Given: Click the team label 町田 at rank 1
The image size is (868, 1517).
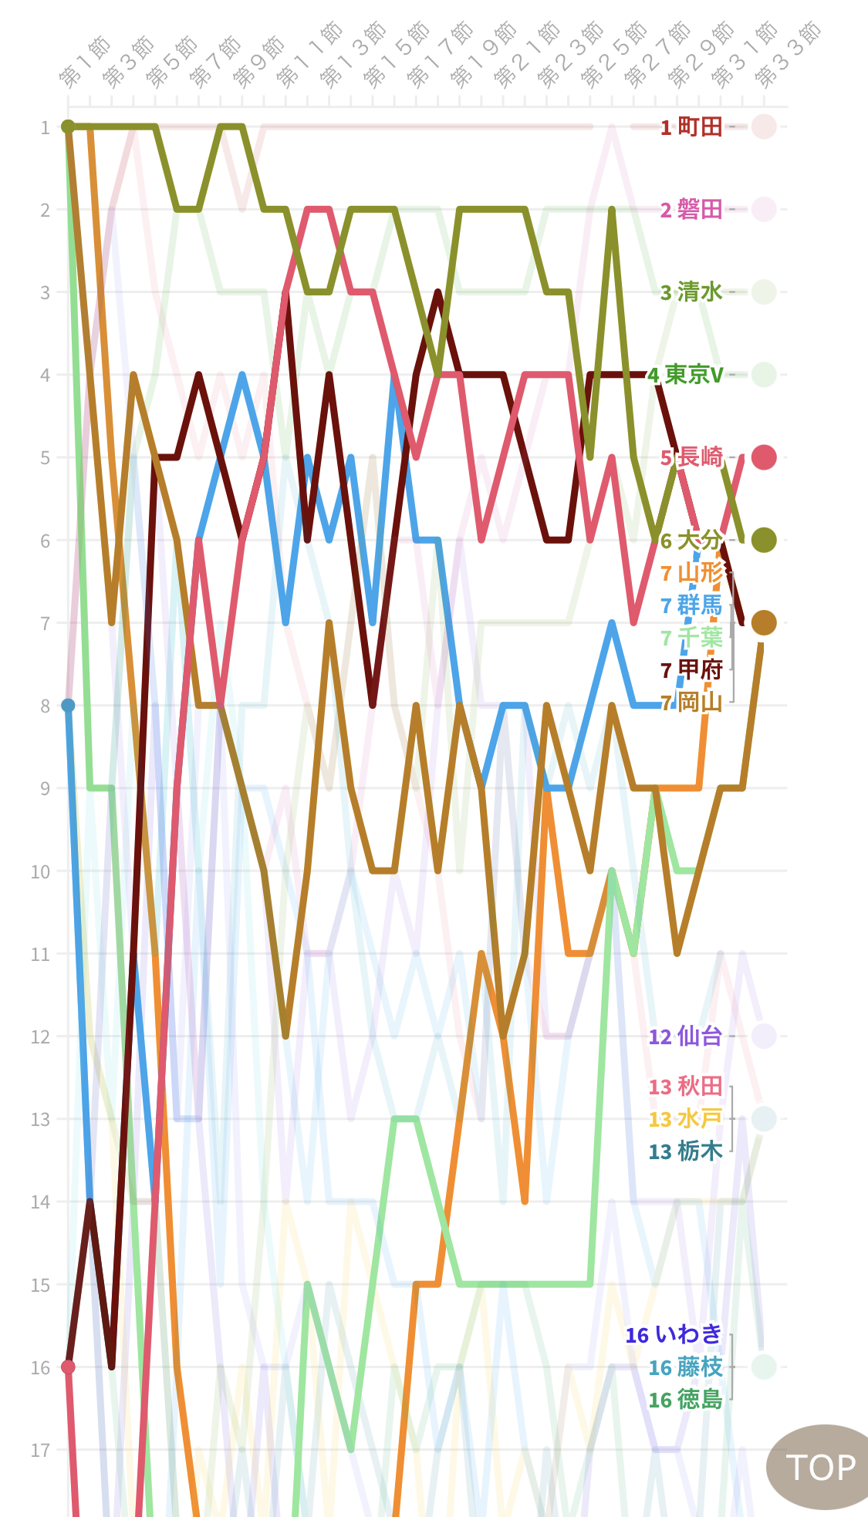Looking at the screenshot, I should tap(692, 126).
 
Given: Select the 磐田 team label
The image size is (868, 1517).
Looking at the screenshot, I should tap(692, 209).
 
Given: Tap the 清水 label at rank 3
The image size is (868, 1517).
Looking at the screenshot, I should tap(692, 292).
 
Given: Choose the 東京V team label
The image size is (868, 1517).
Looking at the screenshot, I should tap(686, 375).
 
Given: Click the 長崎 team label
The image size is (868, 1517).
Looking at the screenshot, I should tap(692, 457).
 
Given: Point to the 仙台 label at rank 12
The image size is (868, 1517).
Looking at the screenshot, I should tap(686, 1036).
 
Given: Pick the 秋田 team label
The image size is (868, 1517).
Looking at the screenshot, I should tap(686, 1086).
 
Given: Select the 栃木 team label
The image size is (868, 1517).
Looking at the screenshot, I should tap(686, 1151).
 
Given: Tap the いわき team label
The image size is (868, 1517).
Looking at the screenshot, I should tap(674, 1334).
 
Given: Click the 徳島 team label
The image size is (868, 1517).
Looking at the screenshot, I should tap(686, 1399).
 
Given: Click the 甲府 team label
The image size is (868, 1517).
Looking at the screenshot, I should tap(692, 669).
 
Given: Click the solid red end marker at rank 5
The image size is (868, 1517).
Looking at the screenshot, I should tap(764, 457).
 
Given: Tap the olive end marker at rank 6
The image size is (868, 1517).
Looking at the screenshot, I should tap(764, 540).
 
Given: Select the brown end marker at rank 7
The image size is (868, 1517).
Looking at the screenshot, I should tap(764, 622).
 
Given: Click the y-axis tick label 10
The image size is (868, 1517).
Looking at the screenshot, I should tap(40, 871).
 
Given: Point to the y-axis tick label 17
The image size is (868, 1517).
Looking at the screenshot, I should tap(40, 1450).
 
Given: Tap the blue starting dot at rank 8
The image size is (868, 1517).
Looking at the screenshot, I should tap(68, 706).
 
